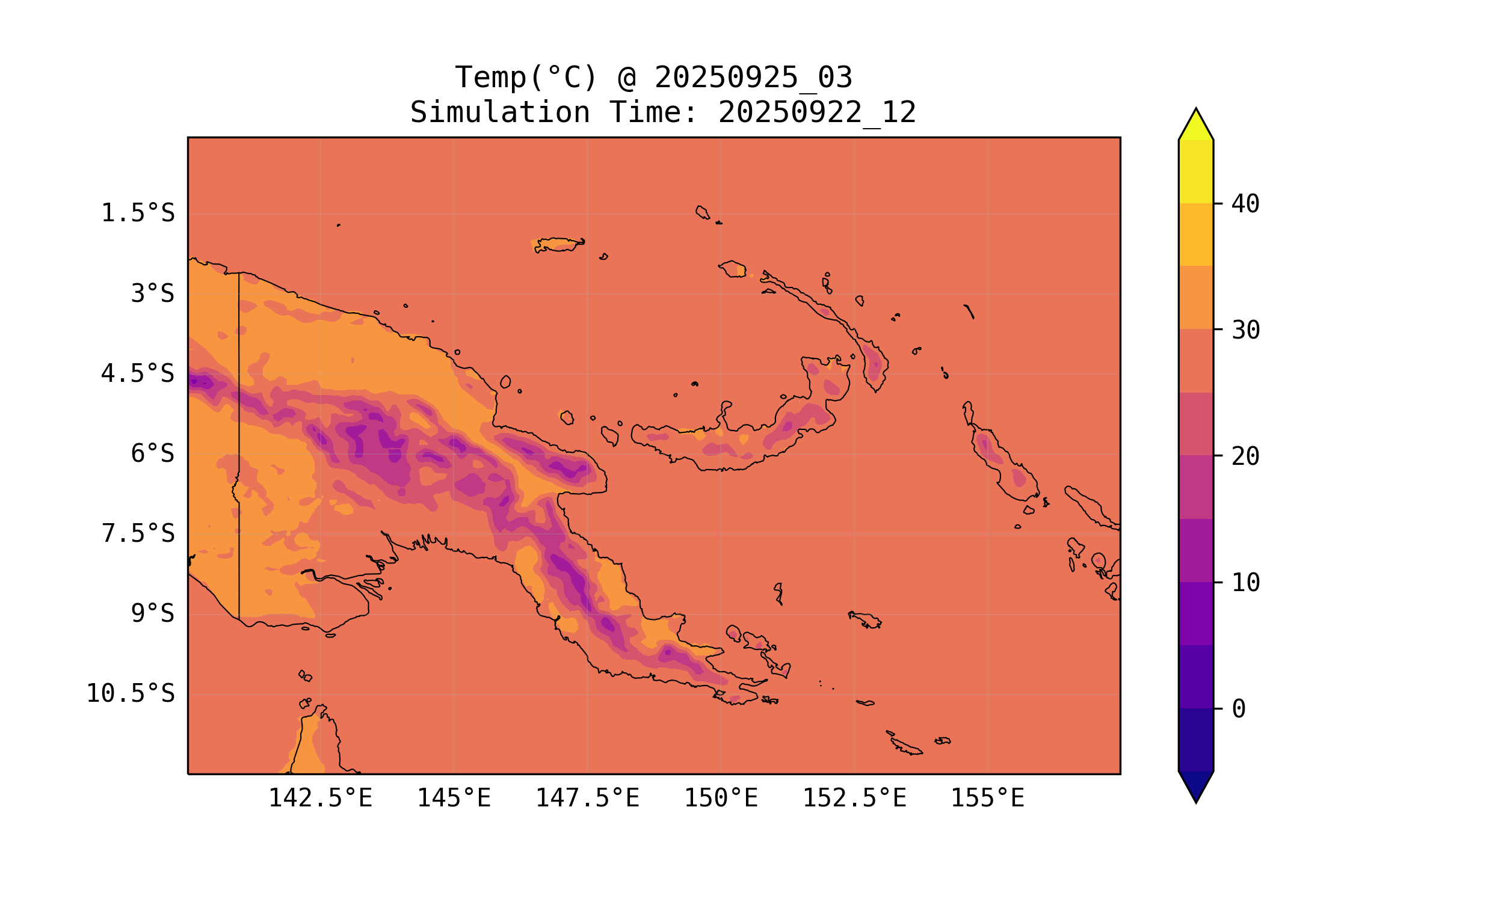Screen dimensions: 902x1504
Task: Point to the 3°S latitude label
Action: click(153, 293)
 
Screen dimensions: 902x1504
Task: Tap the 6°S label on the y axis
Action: click(153, 453)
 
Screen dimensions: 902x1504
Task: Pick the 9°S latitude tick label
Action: click(153, 613)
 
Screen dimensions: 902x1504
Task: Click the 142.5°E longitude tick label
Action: click(321, 798)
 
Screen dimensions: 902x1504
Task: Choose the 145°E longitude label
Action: click(454, 798)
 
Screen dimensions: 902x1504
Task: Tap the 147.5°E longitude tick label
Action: click(587, 798)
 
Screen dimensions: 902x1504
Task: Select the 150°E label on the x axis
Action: click(721, 798)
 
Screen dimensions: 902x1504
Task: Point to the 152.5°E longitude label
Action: click(854, 798)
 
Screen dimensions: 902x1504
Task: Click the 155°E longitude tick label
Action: click(987, 798)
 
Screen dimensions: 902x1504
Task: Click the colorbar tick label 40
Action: click(1246, 204)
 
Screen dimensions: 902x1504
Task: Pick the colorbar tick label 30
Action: click(1246, 331)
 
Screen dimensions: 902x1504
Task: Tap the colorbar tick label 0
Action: click(1238, 710)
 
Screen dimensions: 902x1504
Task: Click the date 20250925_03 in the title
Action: click(753, 78)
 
